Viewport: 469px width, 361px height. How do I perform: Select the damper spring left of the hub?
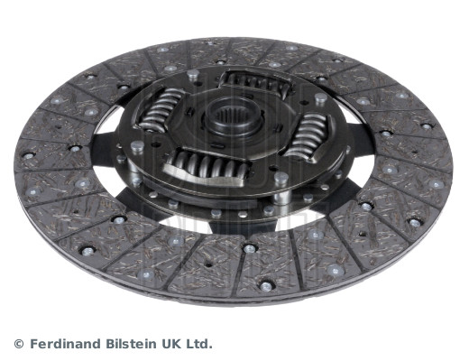tap(161, 110)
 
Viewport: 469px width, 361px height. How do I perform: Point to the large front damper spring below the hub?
tap(207, 167)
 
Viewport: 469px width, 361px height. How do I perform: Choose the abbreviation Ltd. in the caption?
tap(198, 343)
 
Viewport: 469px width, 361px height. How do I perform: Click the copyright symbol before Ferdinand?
tap(19, 344)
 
